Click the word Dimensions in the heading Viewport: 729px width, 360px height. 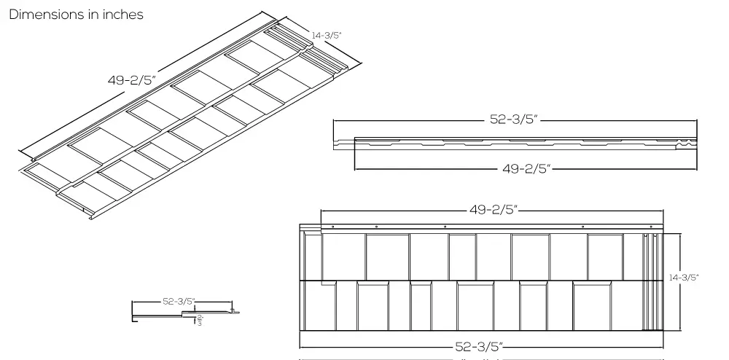point(46,15)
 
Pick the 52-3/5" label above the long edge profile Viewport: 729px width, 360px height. point(513,120)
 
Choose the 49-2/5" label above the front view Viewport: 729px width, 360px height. point(493,210)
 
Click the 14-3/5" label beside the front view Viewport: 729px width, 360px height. point(683,277)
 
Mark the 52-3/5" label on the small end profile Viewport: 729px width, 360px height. point(178,301)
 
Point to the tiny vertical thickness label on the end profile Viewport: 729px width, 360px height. point(200,320)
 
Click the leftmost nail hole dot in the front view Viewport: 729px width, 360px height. point(332,227)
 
